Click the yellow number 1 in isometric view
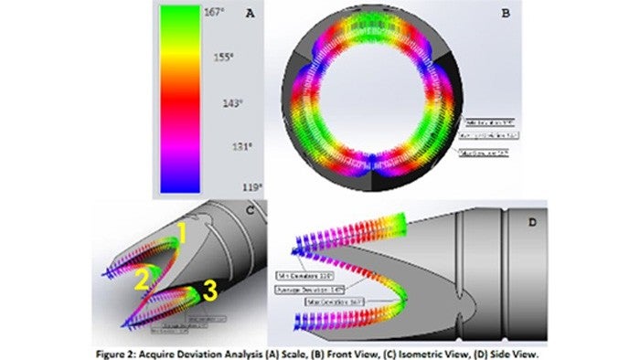tap(182, 236)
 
